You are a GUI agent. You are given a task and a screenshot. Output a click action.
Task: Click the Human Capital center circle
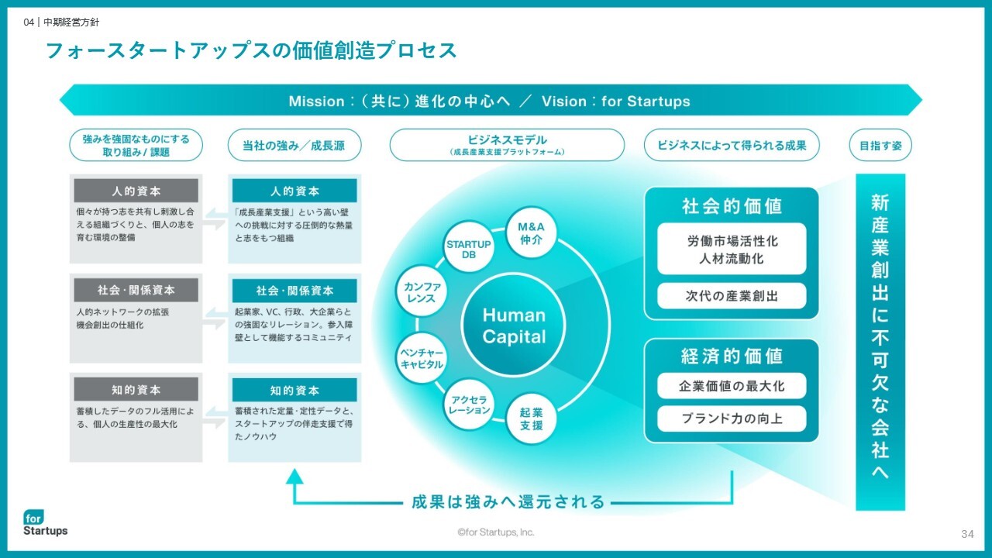click(x=514, y=325)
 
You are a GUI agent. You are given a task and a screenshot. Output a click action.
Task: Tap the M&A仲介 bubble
click(x=531, y=233)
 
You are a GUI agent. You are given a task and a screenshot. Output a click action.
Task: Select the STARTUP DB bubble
click(x=469, y=249)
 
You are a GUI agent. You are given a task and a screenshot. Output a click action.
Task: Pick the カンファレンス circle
click(x=422, y=291)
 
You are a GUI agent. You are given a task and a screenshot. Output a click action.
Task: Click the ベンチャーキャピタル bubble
click(x=422, y=358)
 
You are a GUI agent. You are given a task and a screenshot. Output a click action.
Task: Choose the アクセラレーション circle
click(x=469, y=405)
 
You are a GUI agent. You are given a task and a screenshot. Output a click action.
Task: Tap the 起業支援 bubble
click(x=531, y=419)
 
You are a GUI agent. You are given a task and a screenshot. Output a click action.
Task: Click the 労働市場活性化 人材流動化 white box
click(x=732, y=249)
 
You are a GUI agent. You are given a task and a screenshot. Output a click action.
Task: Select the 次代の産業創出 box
click(x=732, y=296)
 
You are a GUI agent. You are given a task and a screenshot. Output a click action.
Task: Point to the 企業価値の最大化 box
click(x=732, y=386)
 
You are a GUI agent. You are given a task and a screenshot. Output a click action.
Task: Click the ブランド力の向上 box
click(x=732, y=418)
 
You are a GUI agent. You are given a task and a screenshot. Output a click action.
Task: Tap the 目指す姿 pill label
click(x=880, y=145)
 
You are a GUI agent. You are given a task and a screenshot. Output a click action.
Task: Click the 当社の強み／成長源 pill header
click(x=294, y=145)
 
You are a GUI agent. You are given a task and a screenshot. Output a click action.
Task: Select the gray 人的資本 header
click(x=136, y=191)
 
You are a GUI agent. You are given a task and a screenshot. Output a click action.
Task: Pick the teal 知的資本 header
click(x=294, y=390)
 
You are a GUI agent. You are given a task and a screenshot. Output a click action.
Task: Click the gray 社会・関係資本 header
click(x=136, y=290)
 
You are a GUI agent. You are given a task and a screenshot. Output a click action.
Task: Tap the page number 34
click(x=967, y=534)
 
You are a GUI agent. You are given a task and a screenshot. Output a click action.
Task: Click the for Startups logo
click(x=45, y=523)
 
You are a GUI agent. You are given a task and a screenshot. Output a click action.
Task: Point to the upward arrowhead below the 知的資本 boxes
click(x=294, y=477)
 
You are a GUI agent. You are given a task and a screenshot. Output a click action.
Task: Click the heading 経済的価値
click(x=732, y=356)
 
